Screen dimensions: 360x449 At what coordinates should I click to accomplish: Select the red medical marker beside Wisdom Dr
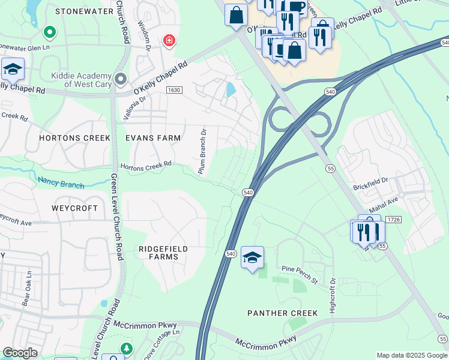[x=169, y=41]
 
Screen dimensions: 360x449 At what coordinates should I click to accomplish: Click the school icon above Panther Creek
[x=252, y=258]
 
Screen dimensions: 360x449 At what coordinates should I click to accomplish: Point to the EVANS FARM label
[x=152, y=138]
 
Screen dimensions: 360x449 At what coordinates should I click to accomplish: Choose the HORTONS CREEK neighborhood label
[x=74, y=138]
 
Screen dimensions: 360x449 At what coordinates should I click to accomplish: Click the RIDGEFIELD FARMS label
[x=163, y=253]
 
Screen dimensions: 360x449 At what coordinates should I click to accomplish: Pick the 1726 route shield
[x=394, y=220]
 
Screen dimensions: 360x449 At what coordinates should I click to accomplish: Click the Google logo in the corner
[x=20, y=352]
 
